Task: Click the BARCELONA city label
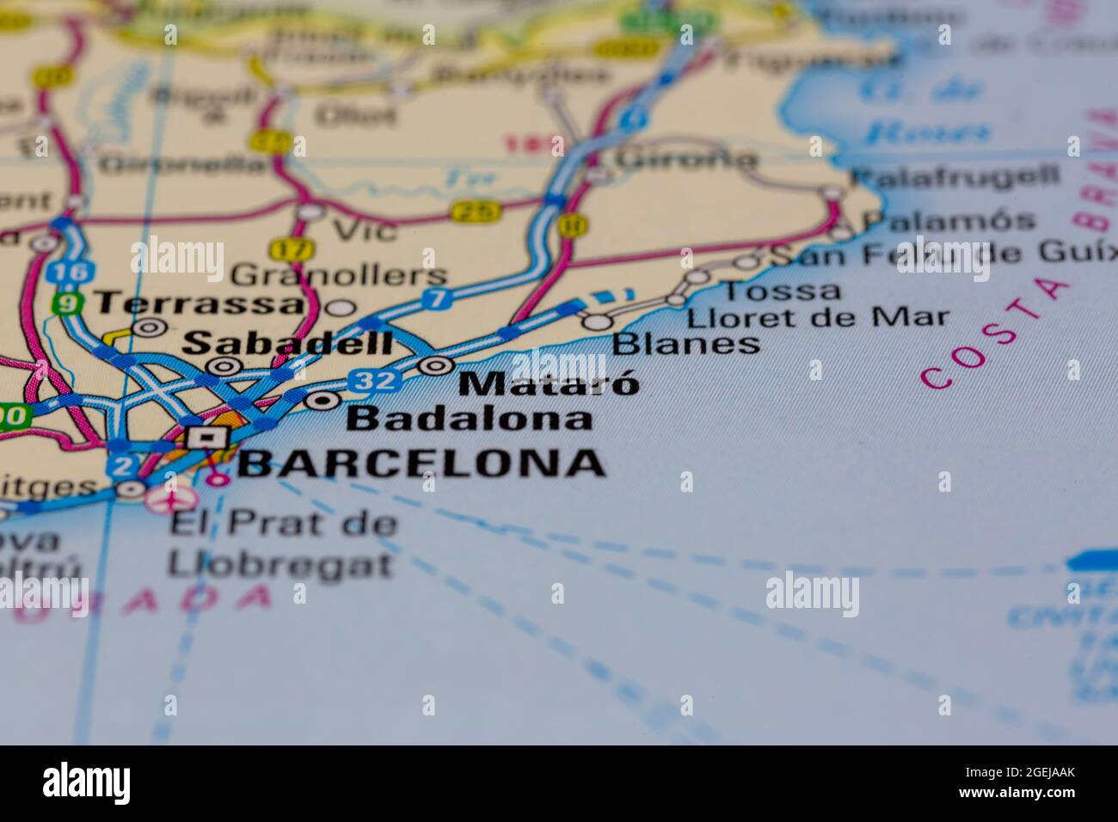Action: (x=421, y=463)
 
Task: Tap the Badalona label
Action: (x=470, y=419)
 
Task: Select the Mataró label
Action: (x=550, y=383)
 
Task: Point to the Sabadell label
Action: (x=288, y=343)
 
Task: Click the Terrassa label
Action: (x=200, y=304)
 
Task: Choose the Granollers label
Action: (x=340, y=275)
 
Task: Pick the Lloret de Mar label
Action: (x=818, y=317)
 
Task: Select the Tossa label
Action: (x=777, y=291)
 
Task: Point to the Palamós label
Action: (x=949, y=221)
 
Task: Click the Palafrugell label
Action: (x=955, y=177)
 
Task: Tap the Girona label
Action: (x=686, y=158)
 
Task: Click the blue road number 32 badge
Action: (x=376, y=380)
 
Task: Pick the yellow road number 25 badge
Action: (x=474, y=211)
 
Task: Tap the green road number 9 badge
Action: (x=67, y=304)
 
